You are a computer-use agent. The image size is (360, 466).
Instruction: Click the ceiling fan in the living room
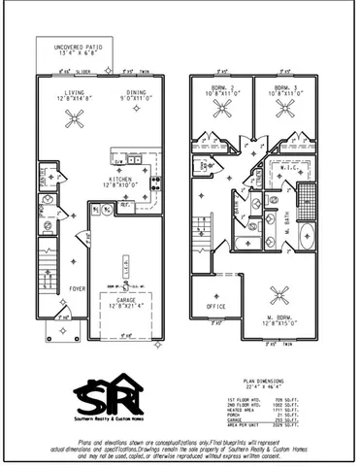coord(74,119)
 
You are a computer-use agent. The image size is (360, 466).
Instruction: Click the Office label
coord(214,308)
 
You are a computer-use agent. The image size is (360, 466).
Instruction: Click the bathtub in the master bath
coord(306,239)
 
